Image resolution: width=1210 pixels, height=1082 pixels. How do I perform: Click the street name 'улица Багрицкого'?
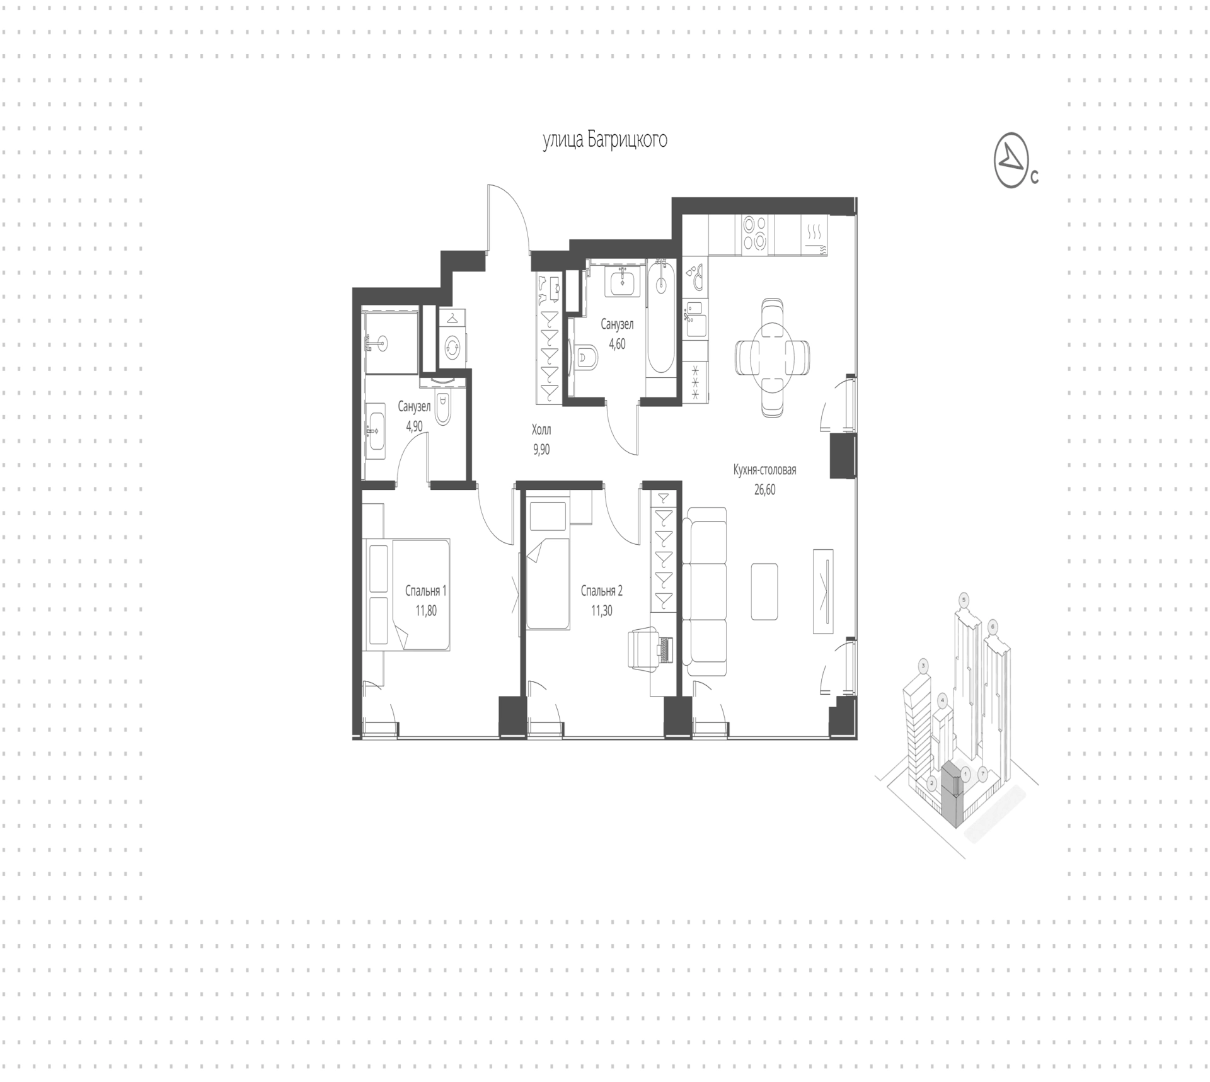click(x=605, y=140)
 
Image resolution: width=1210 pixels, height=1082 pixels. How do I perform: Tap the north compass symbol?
click(x=1011, y=160)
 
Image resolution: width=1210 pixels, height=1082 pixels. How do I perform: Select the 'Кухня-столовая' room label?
click(x=764, y=470)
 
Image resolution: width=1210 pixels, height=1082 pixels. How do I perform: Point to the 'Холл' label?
click(x=541, y=430)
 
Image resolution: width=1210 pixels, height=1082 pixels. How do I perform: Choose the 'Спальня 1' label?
click(x=426, y=591)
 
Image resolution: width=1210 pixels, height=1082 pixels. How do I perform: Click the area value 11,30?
click(x=601, y=610)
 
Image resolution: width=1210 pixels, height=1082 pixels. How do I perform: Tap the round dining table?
click(x=773, y=357)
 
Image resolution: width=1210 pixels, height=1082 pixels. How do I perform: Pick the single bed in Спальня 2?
click(x=548, y=584)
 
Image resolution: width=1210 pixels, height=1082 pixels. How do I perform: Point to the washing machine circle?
click(x=452, y=346)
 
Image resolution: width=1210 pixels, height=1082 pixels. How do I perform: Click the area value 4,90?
click(x=414, y=426)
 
